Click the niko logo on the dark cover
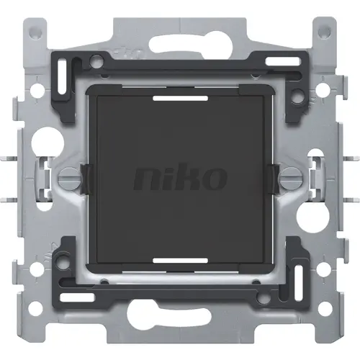[180, 176]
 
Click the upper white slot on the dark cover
[180, 94]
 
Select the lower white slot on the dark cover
[180, 261]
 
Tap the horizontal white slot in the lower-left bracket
[69, 296]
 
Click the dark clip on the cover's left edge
[85, 174]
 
